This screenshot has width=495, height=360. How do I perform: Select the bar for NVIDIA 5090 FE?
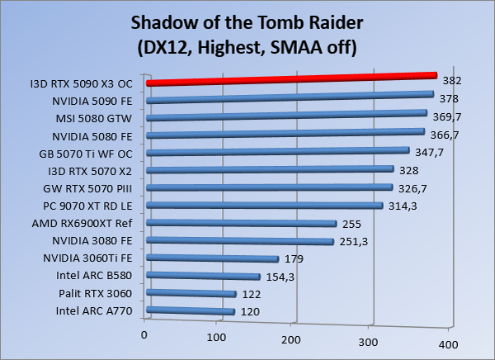pos(289,98)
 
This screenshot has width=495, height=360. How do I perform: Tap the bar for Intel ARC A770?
pos(190,311)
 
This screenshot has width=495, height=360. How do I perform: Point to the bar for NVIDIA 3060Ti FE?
pos(212,259)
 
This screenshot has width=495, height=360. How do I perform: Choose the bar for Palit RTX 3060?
pos(191,294)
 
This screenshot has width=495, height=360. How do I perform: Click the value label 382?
pos(451,81)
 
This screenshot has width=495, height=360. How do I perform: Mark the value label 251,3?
pos(355,241)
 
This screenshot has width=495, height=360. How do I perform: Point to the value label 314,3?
pos(403,206)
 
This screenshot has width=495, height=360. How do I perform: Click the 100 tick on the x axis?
pos(217,337)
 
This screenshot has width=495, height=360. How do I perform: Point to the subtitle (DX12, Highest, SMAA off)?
pos(246,48)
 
